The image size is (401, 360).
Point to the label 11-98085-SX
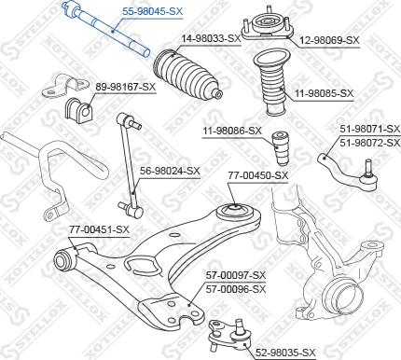point(325,93)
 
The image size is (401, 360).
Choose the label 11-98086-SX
point(232,132)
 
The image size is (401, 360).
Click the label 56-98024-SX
point(170,171)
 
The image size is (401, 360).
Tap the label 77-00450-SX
point(258,174)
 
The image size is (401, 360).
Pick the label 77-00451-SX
point(98,228)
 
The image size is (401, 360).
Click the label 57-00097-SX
point(235,275)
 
